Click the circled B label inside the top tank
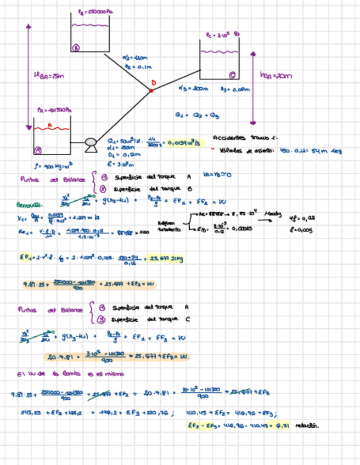click(x=76, y=48)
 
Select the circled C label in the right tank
click(x=233, y=75)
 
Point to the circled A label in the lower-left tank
click(x=38, y=150)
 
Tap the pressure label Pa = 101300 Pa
click(x=53, y=110)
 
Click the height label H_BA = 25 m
click(x=47, y=76)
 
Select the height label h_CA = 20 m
click(x=277, y=76)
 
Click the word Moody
click(x=272, y=213)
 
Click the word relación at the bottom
click(x=307, y=425)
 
